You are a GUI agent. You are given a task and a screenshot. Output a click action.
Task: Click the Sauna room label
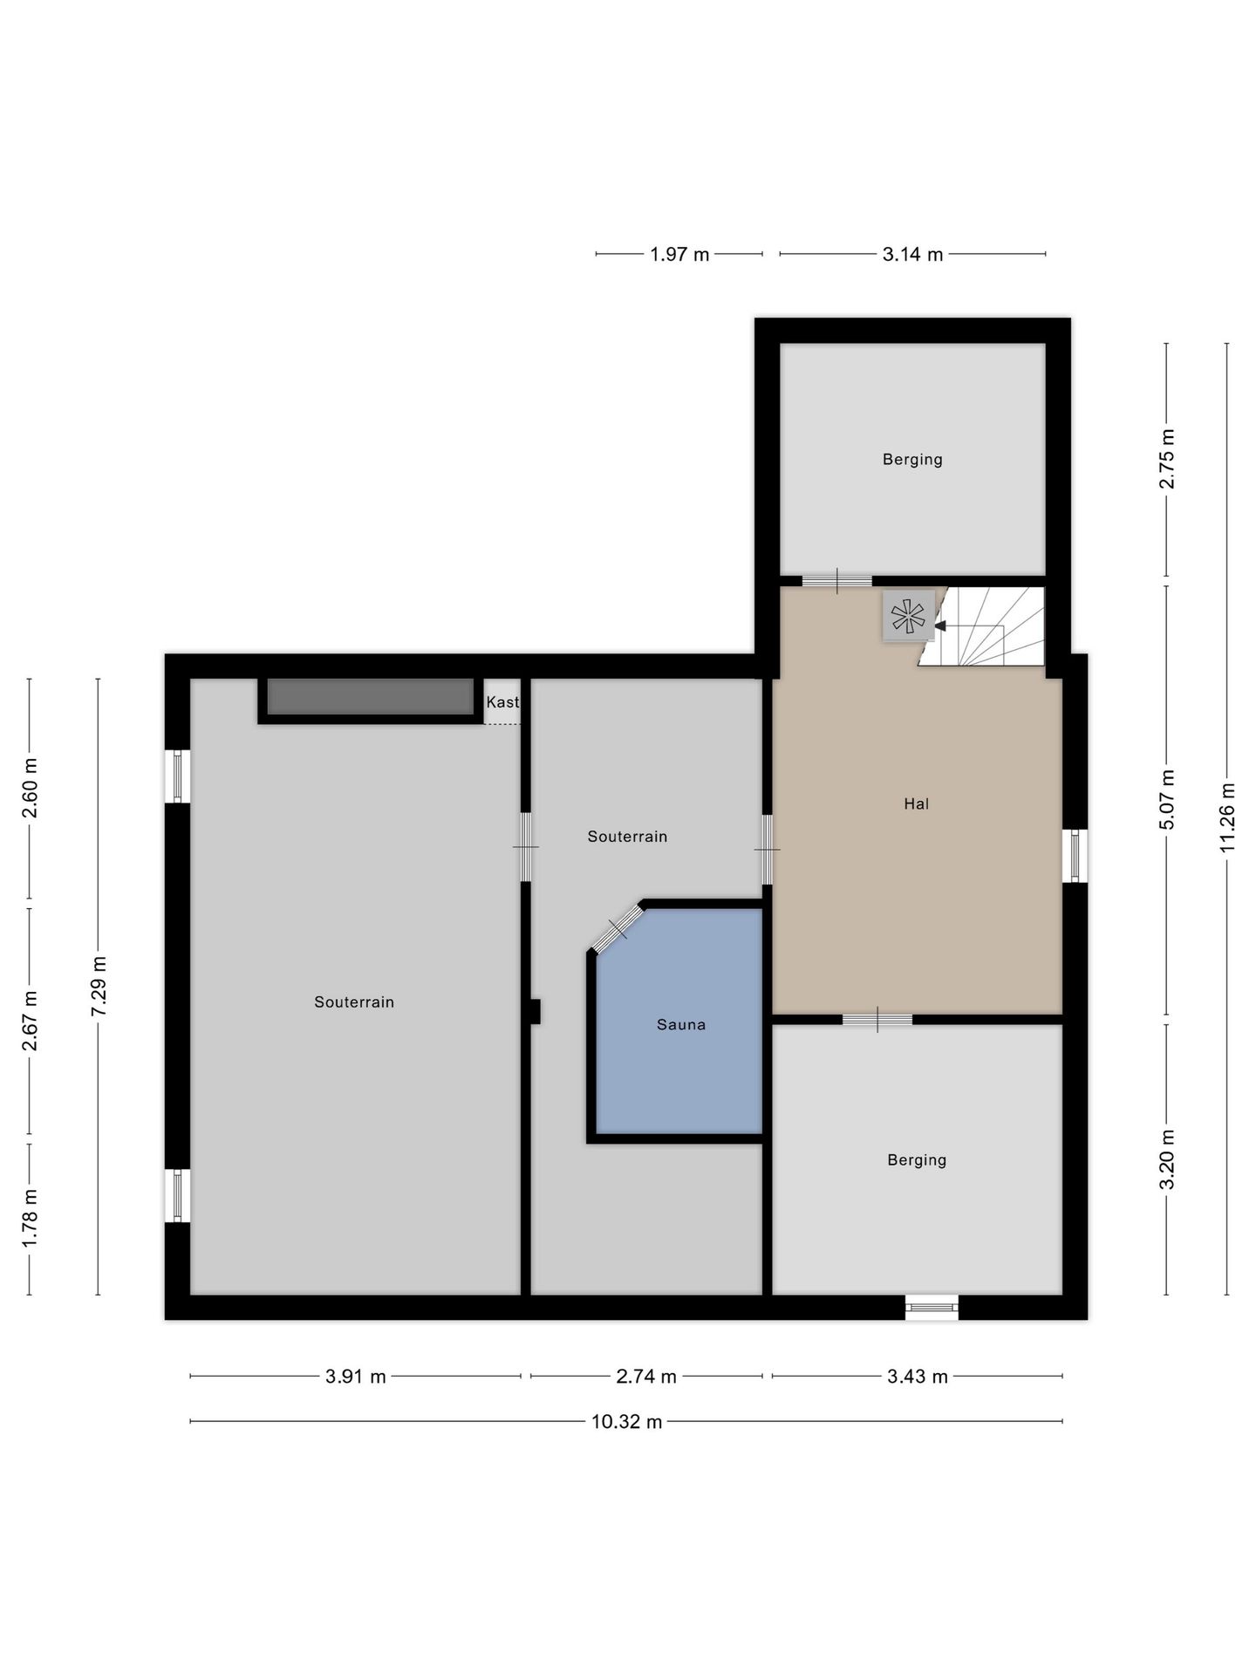point(680,1024)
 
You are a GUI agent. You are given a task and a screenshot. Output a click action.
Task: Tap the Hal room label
point(916,803)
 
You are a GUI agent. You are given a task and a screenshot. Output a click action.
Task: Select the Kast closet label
point(502,701)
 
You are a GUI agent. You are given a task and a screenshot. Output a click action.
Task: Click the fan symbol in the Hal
point(908,616)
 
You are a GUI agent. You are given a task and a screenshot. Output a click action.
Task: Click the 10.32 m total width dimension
point(626,1421)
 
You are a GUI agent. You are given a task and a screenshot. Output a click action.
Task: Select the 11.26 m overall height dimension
point(1226,817)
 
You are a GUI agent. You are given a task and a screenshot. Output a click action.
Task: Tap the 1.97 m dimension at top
point(679,254)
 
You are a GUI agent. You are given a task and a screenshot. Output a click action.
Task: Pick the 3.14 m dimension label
point(912,254)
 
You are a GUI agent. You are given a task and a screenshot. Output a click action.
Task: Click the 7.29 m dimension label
point(99,985)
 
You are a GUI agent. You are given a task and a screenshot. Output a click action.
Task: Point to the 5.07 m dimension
point(1167,799)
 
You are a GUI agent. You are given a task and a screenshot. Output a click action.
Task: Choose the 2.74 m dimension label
point(646,1376)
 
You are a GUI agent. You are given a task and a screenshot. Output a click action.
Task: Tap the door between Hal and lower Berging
point(877,1019)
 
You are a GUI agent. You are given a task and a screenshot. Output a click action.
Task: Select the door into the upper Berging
point(837,581)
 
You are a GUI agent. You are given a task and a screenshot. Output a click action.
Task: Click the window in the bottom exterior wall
point(932,1307)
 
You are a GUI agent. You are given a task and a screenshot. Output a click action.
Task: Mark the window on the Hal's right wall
point(1075,856)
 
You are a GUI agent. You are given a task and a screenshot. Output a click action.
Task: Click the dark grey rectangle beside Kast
point(371,697)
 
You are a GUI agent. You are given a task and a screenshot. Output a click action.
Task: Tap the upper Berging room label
point(912,459)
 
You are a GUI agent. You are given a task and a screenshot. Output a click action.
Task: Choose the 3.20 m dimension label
point(1167,1159)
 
